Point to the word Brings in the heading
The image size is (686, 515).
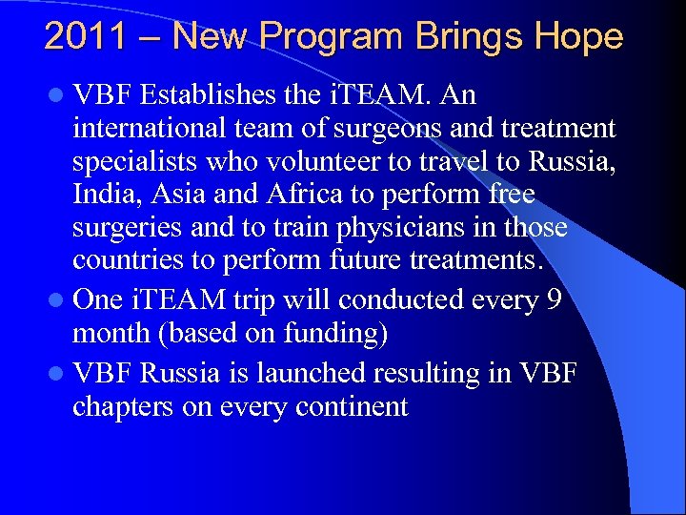coord(467,38)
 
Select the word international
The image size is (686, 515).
coord(150,129)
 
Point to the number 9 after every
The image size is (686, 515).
coord(553,299)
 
